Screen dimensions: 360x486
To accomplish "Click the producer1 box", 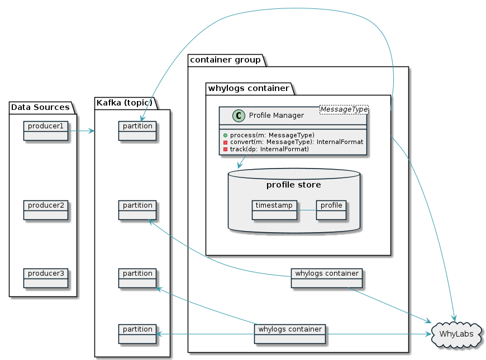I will click(x=45, y=130).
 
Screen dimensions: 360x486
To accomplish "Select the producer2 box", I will click(x=45, y=209).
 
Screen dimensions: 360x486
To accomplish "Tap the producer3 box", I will click(x=45, y=277).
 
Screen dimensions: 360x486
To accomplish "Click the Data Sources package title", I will click(x=40, y=107).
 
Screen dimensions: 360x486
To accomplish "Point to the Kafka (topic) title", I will click(x=125, y=102).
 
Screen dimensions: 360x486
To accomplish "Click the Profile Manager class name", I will click(x=276, y=116).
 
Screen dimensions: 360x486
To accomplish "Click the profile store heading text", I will click(x=293, y=185).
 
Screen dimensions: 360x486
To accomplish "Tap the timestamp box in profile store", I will click(x=274, y=209).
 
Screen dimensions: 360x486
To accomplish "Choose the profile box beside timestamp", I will click(x=331, y=209).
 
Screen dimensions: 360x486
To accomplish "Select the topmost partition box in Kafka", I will click(x=137, y=130).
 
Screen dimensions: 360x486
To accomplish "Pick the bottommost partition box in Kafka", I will click(x=137, y=333).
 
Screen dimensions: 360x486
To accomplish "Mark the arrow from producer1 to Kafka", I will click(x=81, y=131).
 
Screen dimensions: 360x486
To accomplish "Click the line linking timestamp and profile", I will click(x=307, y=210).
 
